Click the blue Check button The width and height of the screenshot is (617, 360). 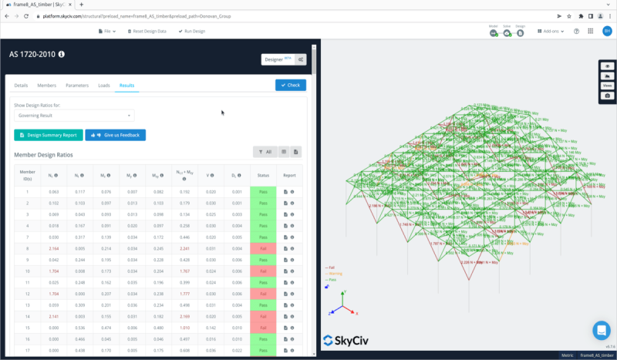290,85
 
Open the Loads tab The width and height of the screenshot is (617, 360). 103,86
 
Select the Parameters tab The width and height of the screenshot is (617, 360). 76,86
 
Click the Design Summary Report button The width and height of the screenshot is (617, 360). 48,135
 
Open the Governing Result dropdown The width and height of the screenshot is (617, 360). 73,116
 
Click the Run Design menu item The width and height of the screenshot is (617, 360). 191,31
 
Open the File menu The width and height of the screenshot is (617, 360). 109,31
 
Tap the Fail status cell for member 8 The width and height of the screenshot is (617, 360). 263,248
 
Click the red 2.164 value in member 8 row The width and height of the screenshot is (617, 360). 54,248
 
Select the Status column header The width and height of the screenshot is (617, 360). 263,175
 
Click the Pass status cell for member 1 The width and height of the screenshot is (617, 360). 263,191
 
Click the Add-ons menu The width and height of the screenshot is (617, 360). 553,31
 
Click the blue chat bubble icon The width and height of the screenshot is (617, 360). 602,330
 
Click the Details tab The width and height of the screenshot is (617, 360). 22,86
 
